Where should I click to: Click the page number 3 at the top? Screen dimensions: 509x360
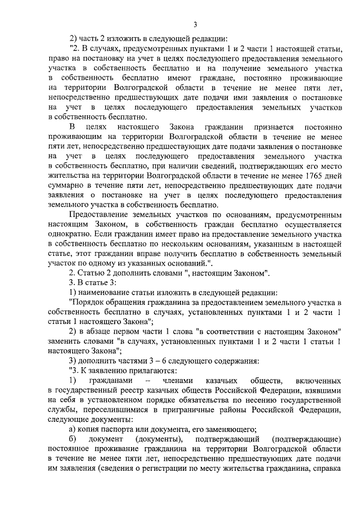pos(195,24)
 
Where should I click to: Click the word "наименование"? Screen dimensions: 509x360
pos(107,293)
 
